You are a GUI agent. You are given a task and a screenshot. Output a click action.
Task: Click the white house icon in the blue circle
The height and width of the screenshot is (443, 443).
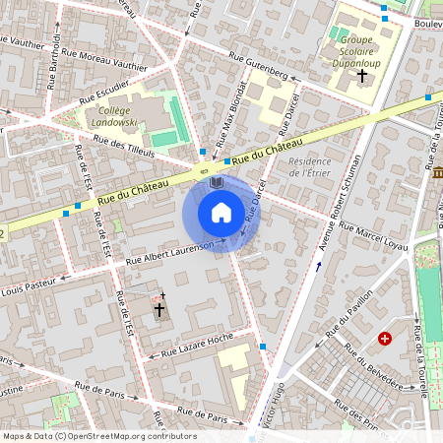[x=221, y=213]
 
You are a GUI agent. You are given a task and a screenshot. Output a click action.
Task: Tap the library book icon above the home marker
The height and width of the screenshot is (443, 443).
[x=218, y=183]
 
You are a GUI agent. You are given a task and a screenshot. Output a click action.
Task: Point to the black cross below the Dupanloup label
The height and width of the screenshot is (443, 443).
[x=361, y=75]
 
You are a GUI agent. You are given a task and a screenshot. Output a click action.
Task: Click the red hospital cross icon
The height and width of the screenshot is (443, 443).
[x=384, y=338]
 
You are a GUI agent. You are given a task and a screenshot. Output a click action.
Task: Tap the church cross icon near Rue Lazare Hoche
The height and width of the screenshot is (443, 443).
[x=158, y=309]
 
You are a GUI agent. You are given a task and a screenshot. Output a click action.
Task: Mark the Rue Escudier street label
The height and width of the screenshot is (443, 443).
[x=101, y=94]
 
